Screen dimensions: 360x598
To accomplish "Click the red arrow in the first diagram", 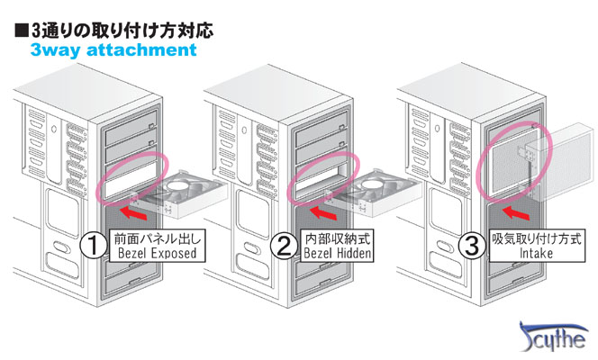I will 133,214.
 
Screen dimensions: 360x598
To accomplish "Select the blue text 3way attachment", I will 113,49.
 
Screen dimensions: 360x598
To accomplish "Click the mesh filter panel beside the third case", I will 568,163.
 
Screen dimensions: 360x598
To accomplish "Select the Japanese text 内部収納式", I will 337,239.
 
